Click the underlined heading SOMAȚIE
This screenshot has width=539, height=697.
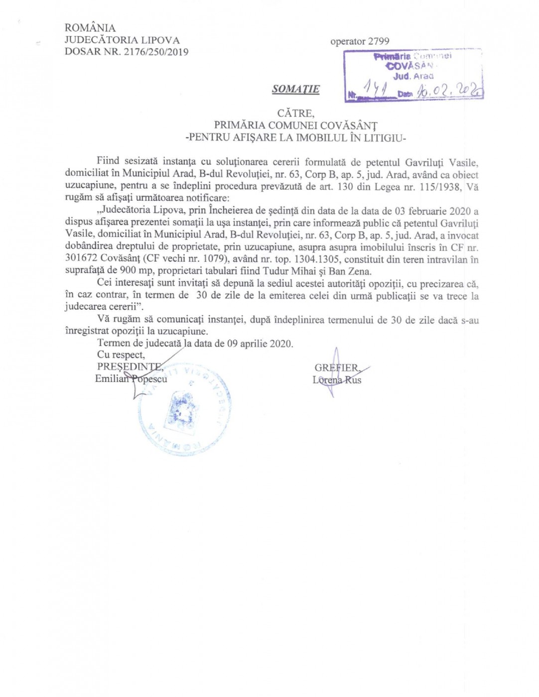295,89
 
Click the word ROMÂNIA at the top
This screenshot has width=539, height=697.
90,28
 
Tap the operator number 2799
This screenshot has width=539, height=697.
379,41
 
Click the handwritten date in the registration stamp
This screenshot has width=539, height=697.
450,91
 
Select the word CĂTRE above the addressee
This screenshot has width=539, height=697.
296,114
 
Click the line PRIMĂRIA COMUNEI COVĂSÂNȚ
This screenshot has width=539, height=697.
296,125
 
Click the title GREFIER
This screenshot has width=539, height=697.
336,368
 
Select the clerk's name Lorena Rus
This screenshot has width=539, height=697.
337,380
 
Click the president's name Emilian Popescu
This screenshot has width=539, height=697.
131,379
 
